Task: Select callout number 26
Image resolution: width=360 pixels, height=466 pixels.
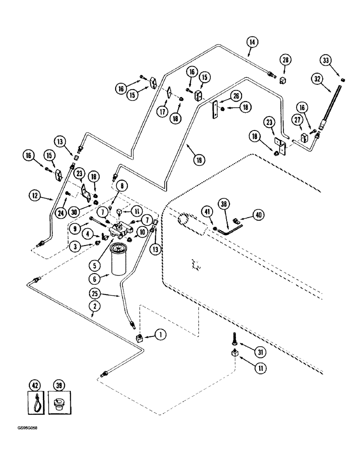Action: tap(236, 96)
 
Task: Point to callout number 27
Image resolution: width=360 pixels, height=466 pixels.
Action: tap(297, 120)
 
